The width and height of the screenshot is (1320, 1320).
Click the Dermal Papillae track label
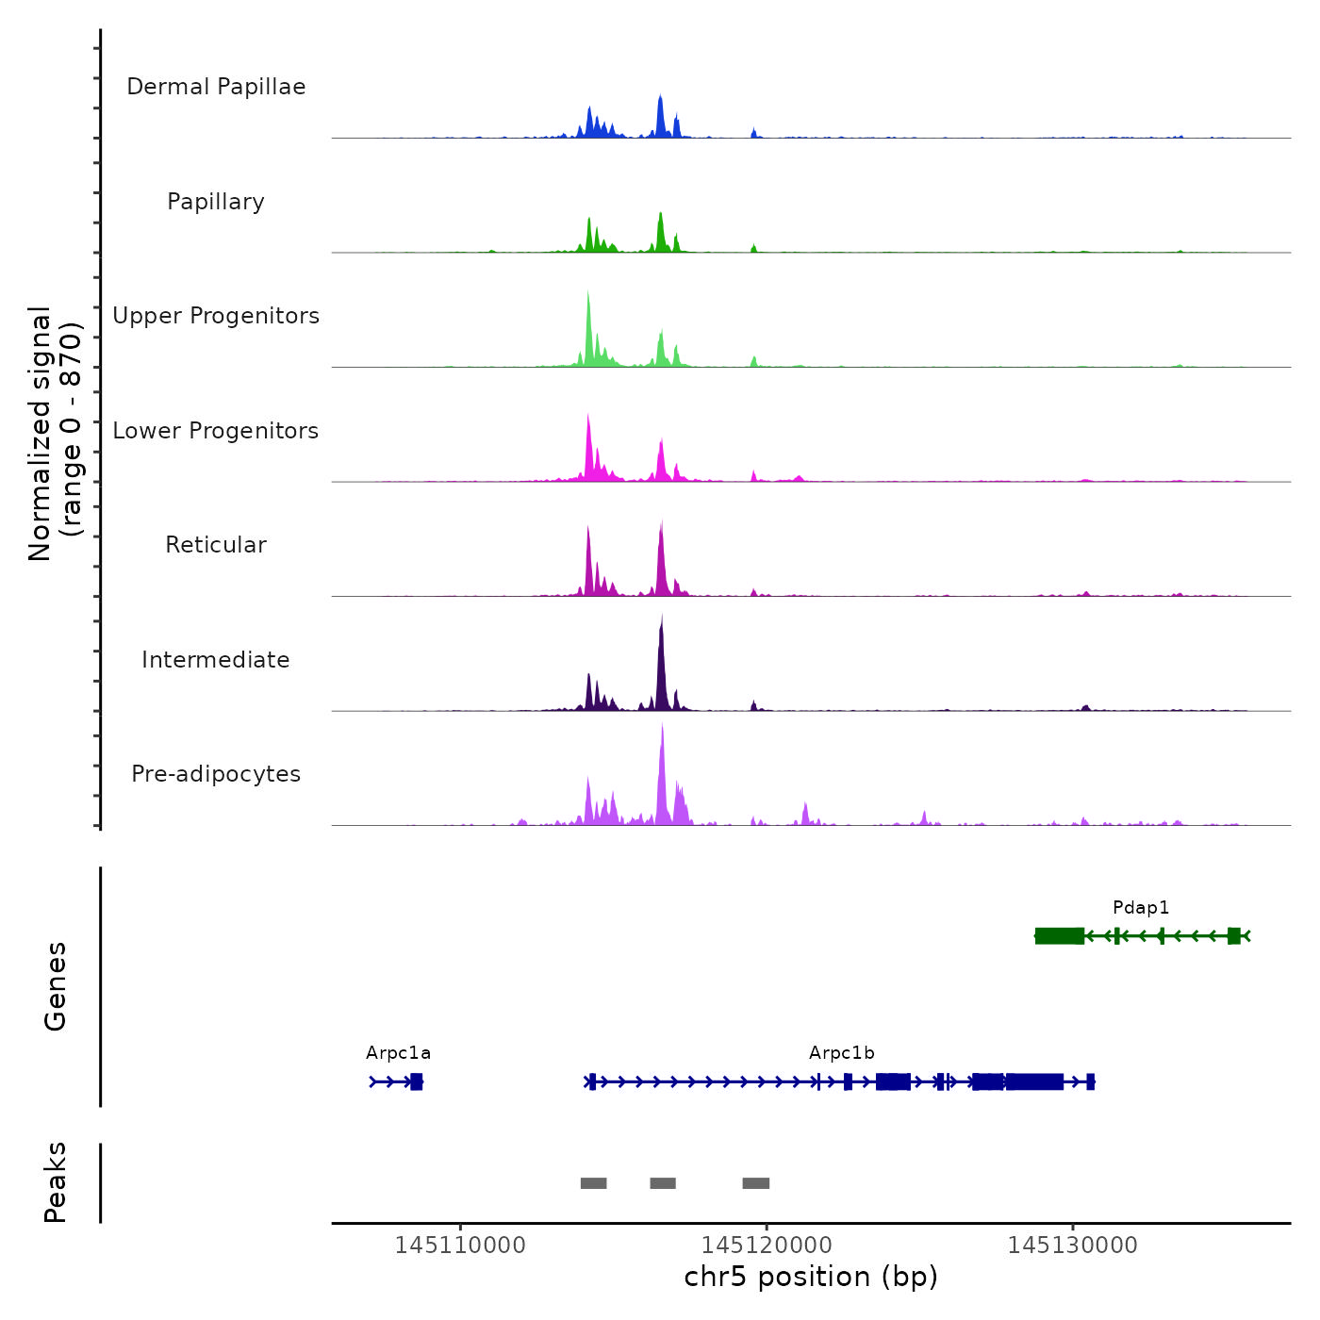[216, 87]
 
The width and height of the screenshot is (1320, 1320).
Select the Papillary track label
[216, 202]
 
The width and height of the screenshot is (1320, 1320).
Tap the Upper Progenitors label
[216, 316]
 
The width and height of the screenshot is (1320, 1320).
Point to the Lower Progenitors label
[216, 431]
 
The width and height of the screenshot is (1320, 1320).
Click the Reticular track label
[216, 545]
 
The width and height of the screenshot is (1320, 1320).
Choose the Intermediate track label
[216, 660]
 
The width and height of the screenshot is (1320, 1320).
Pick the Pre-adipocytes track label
[216, 774]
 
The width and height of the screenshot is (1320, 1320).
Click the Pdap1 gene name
[1141, 908]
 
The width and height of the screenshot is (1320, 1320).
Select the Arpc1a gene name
[398, 1053]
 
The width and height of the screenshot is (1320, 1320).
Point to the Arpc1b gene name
[841, 1053]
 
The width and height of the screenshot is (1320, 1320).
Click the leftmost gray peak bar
[593, 1183]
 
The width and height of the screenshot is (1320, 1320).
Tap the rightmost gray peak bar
[755, 1183]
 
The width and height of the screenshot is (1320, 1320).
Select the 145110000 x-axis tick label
[460, 1246]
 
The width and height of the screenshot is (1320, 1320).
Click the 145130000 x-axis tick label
[1072, 1246]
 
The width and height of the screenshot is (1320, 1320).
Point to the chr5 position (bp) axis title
[811, 1277]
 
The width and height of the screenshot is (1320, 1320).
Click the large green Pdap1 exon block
[1060, 935]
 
